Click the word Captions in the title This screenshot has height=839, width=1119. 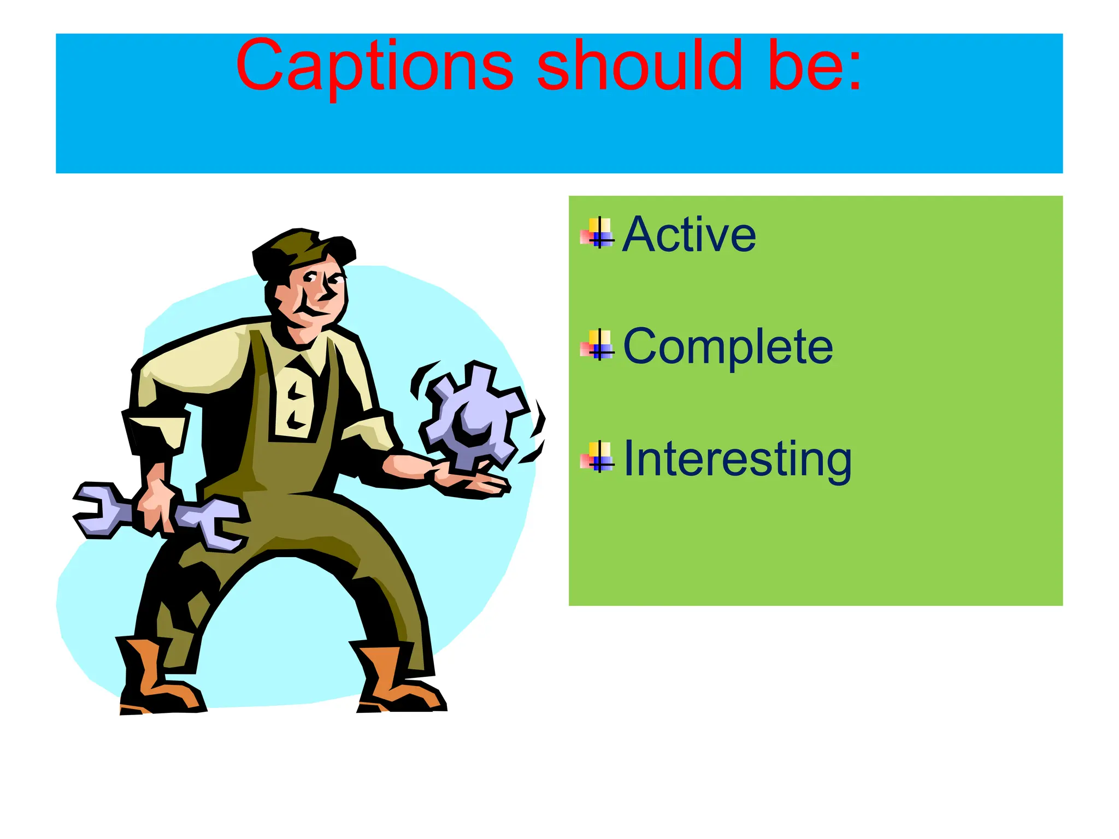click(x=374, y=67)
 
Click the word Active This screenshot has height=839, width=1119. click(x=689, y=235)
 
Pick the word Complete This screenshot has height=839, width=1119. click(x=728, y=346)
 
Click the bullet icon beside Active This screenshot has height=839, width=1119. click(x=598, y=233)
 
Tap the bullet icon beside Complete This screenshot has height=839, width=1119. click(x=598, y=345)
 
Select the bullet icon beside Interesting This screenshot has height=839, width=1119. click(x=598, y=457)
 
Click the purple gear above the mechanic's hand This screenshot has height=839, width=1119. click(x=473, y=415)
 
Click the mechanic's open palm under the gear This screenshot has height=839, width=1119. click(x=470, y=483)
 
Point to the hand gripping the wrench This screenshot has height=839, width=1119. click(x=156, y=503)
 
